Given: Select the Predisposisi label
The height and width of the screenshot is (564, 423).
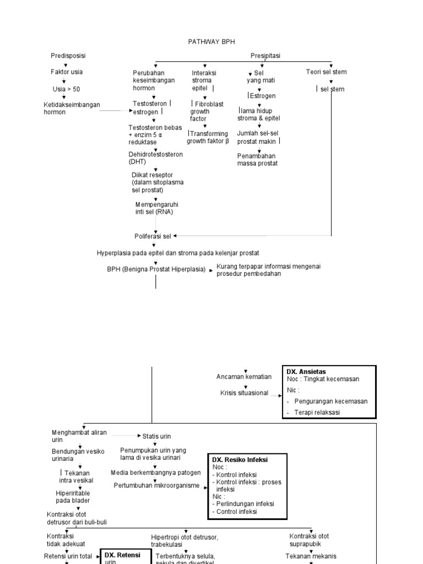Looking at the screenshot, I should (x=68, y=56).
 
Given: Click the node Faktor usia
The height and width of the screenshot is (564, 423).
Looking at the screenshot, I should (x=67, y=72).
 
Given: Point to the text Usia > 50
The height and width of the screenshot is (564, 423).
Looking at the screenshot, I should (x=66, y=89).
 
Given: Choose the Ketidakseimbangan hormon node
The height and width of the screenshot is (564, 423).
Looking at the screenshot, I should (x=72, y=109).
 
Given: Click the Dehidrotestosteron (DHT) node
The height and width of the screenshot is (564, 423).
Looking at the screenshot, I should (x=155, y=158).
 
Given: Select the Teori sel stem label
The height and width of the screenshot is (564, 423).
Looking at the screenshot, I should (x=326, y=72).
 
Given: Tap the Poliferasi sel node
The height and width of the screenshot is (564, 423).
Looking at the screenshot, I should (x=153, y=236).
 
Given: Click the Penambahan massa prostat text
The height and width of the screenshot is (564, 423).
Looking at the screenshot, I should (x=257, y=159).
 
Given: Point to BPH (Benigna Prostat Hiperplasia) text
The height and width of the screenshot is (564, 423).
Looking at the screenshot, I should (x=156, y=269).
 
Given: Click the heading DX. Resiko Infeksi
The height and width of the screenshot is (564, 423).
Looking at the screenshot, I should (x=241, y=459).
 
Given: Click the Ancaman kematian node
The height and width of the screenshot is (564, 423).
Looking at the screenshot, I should (x=244, y=377).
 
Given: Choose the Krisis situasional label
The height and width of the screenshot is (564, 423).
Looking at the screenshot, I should (x=244, y=393).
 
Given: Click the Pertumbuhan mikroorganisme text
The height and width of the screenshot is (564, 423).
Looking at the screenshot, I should (x=156, y=485).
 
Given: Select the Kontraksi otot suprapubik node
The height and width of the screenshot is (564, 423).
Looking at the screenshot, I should (x=309, y=540).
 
